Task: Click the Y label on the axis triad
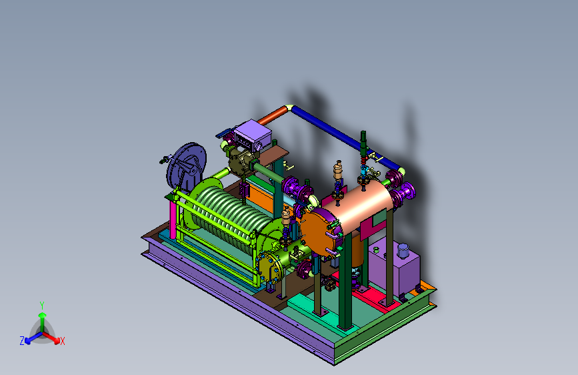point(42,306)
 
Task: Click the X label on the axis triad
point(62,341)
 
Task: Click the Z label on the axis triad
point(22,341)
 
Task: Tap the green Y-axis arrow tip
point(43,315)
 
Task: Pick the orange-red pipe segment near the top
point(273,115)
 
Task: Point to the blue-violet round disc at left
point(187,165)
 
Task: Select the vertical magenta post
point(173,219)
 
